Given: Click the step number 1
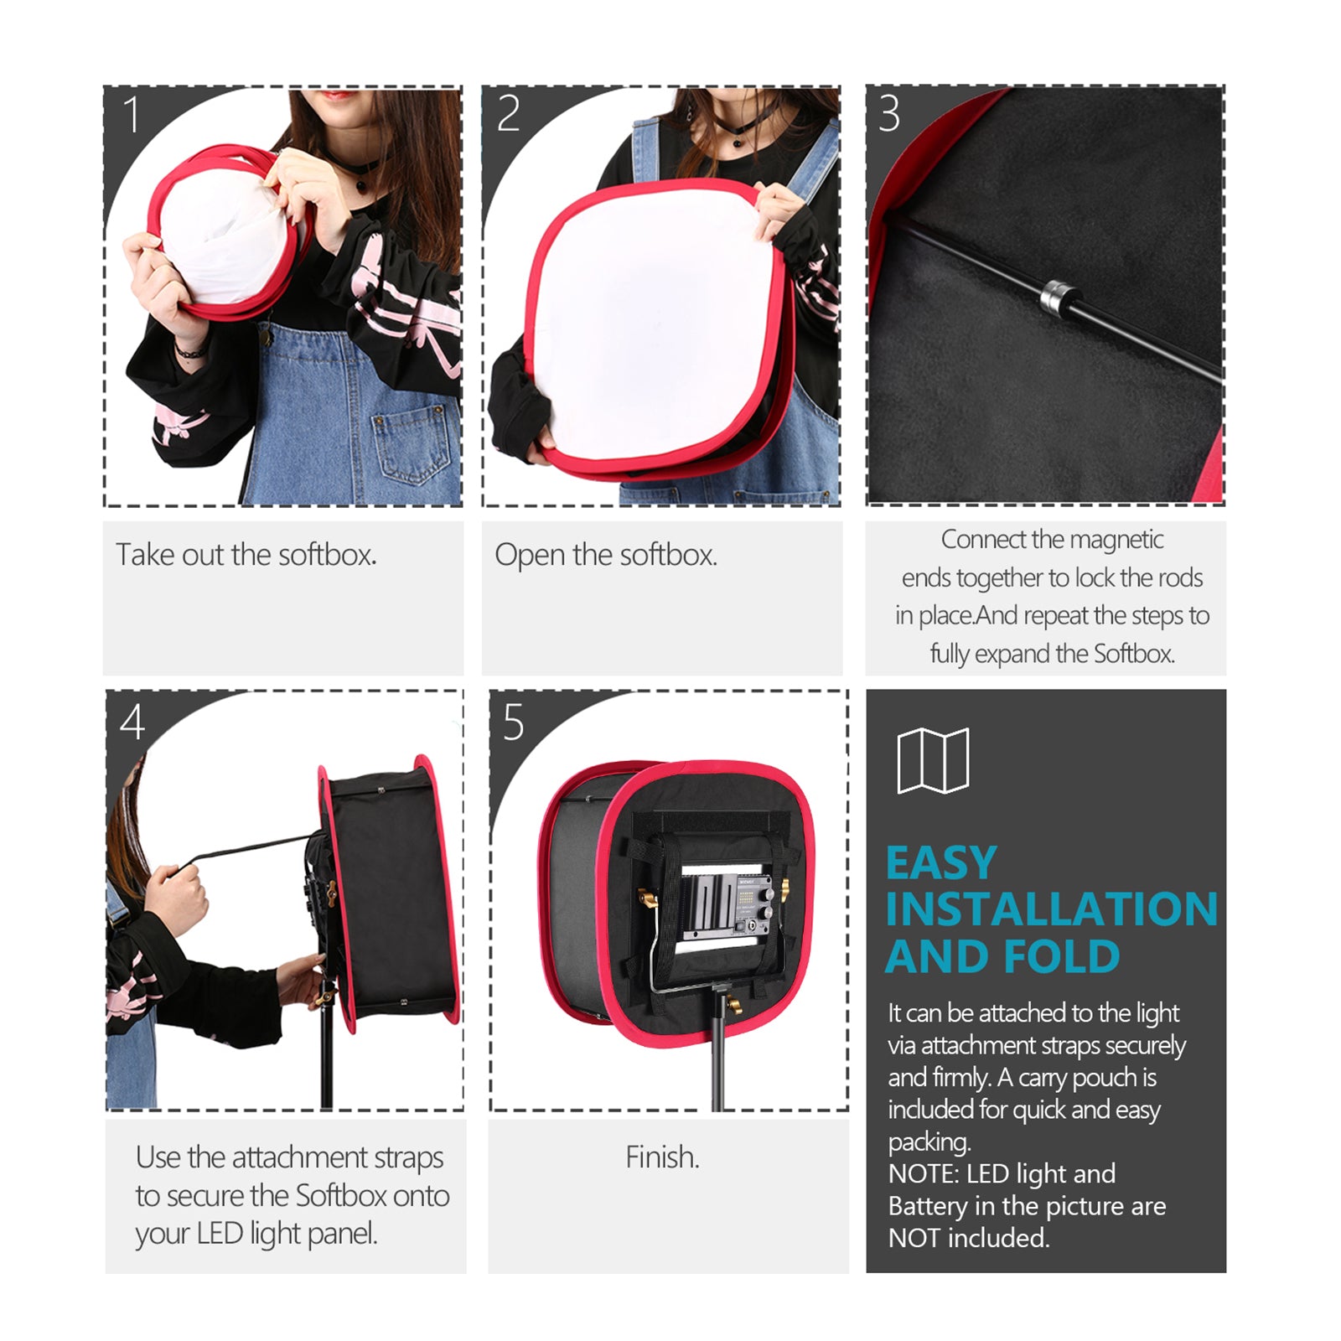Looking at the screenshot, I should (132, 115).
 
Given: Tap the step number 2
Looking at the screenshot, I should (508, 115).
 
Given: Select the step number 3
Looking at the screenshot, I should (889, 114).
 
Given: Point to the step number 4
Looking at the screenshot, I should (132, 722).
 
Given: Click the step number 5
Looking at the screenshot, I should (513, 722).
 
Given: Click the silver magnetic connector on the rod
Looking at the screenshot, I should (1059, 298).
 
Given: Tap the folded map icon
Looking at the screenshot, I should (933, 760).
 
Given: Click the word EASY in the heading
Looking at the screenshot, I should (941, 863).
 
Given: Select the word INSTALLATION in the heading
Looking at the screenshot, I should (1051, 909).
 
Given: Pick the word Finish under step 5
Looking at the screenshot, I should (662, 1157).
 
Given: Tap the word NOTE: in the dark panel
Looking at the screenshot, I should (923, 1173).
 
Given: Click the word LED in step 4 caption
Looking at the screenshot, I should (220, 1234).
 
